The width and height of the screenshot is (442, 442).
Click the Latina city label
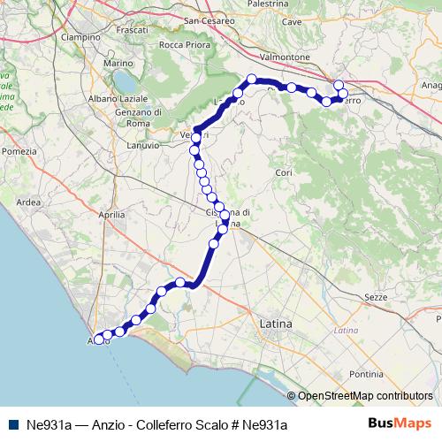(x=276, y=325)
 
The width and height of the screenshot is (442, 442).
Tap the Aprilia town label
(x=111, y=215)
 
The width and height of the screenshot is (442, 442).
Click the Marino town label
(x=117, y=64)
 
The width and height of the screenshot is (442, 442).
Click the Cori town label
(x=284, y=172)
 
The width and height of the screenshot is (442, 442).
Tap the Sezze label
(x=376, y=298)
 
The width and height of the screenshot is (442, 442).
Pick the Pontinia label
(x=367, y=375)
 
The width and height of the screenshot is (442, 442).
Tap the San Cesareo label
(x=209, y=19)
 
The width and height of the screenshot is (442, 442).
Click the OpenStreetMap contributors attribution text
(x=364, y=396)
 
